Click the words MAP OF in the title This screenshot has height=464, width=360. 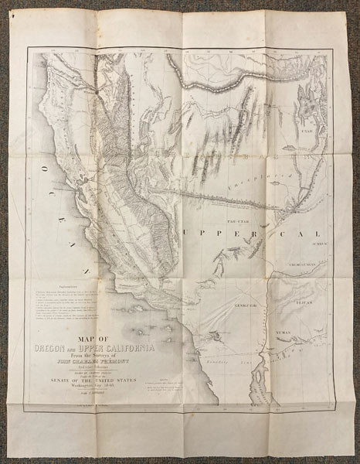(x=92, y=337)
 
